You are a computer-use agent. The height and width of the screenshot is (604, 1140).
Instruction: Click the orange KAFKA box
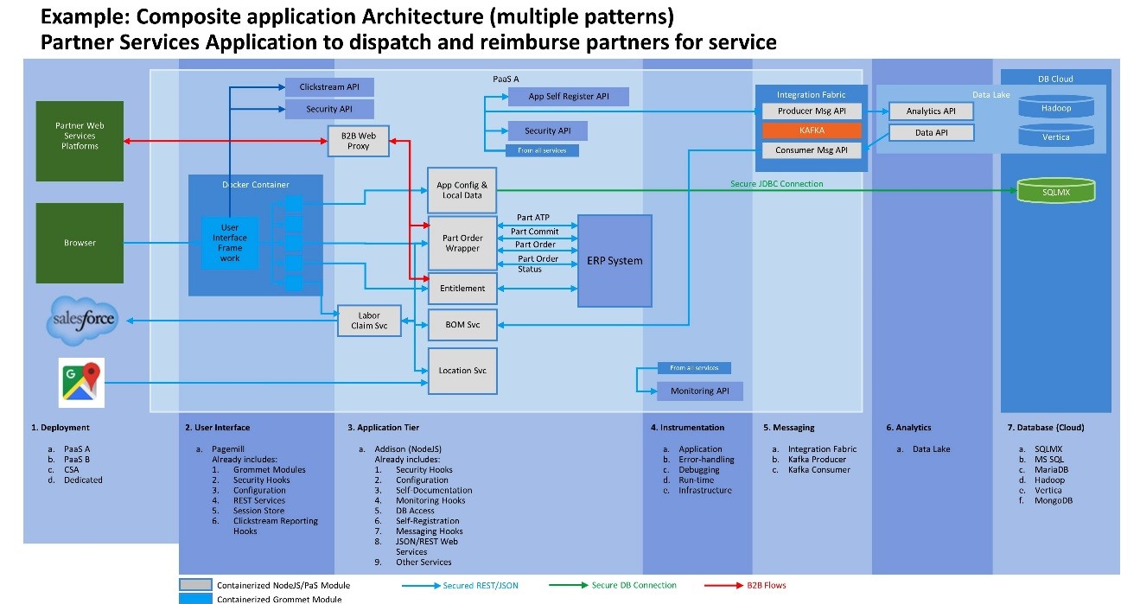click(812, 130)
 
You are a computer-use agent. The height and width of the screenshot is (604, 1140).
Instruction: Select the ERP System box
click(615, 260)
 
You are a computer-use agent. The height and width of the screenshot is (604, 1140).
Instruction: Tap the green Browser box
click(80, 243)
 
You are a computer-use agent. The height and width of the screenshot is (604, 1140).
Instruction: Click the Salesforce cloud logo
click(82, 319)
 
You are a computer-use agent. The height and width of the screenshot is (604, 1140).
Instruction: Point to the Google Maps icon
click(81, 381)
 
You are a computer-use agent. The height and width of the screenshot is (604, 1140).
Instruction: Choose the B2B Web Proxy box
click(358, 141)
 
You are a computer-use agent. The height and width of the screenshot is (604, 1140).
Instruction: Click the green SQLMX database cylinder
click(1055, 192)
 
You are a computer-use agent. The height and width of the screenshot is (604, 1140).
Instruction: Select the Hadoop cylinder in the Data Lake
click(1055, 108)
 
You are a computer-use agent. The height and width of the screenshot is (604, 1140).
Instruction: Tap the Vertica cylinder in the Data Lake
click(1055, 137)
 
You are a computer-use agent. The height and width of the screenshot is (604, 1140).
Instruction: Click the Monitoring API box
click(699, 391)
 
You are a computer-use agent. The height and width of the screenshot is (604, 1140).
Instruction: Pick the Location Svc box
click(462, 371)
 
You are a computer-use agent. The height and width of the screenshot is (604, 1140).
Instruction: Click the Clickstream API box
click(329, 87)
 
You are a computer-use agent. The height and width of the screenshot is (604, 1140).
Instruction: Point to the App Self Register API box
click(568, 97)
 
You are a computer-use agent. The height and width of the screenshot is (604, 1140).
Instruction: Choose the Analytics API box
click(931, 111)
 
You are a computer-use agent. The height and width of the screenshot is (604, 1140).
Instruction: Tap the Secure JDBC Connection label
click(777, 184)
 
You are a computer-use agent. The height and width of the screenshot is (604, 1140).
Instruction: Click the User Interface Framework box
click(229, 243)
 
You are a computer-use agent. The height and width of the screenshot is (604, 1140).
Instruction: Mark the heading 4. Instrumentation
click(688, 428)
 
